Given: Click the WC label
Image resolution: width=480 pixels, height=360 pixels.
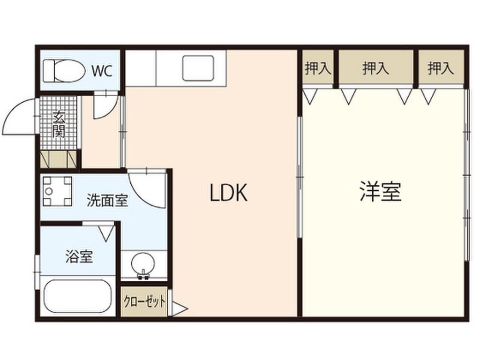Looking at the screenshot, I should (102, 71).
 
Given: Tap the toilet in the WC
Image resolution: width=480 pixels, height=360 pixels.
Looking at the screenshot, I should (61, 70).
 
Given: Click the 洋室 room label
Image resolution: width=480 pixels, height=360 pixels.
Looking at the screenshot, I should (381, 192).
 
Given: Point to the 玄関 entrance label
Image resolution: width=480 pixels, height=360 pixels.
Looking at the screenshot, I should (58, 123).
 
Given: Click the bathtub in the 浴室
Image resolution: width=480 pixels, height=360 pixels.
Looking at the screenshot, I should (77, 297).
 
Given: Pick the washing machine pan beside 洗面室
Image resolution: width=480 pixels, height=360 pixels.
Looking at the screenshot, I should (57, 191).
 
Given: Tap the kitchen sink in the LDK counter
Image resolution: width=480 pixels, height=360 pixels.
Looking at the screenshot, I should (198, 67).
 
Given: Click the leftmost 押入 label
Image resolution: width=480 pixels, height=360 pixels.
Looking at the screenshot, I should (318, 69).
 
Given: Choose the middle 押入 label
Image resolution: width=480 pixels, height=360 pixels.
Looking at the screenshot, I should (375, 69).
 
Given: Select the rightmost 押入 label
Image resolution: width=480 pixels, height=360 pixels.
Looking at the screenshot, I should (441, 69).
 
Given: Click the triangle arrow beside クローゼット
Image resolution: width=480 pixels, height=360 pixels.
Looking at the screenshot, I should (179, 309).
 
